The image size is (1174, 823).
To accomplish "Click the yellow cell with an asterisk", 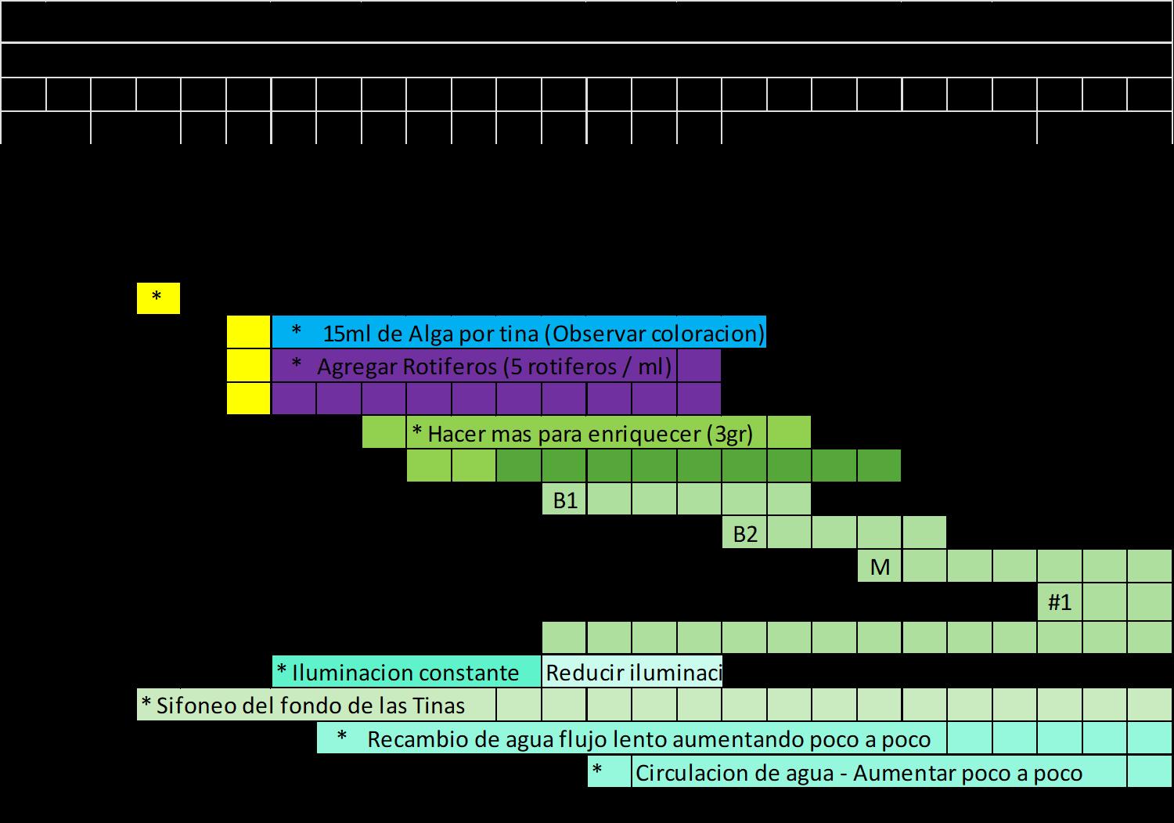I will [157, 298].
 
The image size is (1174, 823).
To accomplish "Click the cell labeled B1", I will [564, 500].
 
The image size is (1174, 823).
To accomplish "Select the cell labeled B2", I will [744, 534].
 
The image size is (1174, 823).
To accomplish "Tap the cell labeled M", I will [880, 567].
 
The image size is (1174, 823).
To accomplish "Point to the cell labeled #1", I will [1060, 602].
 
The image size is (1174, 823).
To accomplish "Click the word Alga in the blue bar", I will [430, 334].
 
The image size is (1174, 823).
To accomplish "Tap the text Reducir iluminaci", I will [632, 673].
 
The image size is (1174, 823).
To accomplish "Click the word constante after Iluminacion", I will [469, 673].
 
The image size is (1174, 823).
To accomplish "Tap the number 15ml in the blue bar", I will [348, 334].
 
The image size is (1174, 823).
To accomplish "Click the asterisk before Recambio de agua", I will [341, 738].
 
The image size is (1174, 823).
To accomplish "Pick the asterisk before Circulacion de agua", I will [597, 771].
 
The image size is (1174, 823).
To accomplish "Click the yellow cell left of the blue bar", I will [249, 333].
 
